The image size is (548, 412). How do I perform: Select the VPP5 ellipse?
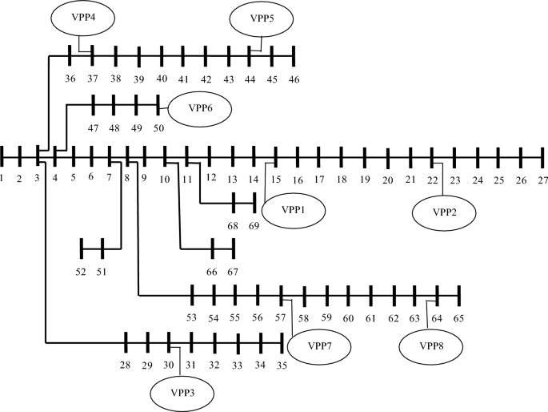tap(259, 18)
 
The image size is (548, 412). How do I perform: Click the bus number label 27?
tap(542, 180)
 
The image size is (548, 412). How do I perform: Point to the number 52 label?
tap(81, 272)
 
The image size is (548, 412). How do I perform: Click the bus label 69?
tap(254, 227)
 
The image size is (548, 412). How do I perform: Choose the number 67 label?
tap(233, 273)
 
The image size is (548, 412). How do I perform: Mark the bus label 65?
tap(458, 318)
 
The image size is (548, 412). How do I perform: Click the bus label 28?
tap(125, 366)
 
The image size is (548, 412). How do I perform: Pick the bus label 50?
tap(158, 127)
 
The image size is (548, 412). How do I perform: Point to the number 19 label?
tap(364, 180)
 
